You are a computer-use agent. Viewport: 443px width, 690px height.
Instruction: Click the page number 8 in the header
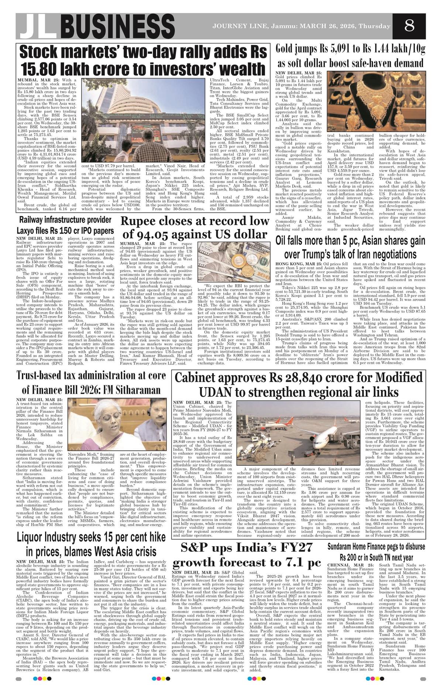click(x=409, y=27)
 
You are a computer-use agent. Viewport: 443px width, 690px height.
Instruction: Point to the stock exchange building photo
click(x=143, y=115)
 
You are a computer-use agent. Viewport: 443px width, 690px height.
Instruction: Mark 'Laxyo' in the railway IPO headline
click(x=28, y=231)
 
